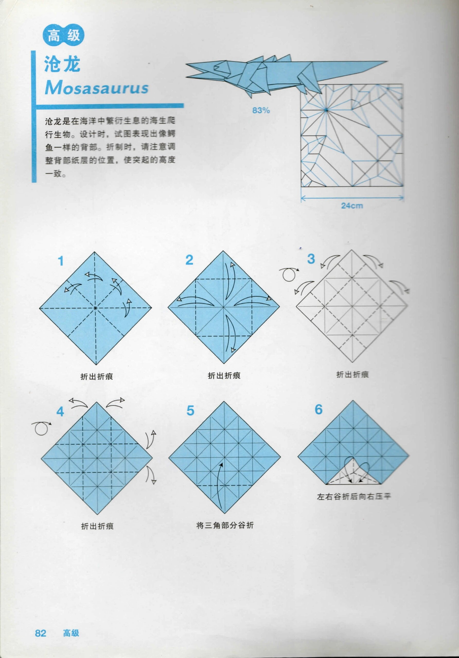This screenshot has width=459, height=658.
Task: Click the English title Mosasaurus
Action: (x=97, y=88)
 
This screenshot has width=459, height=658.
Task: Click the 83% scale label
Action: (x=261, y=110)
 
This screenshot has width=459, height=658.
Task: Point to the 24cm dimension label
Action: (x=352, y=205)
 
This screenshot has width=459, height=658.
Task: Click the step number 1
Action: (x=60, y=261)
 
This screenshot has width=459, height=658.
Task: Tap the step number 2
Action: (x=189, y=260)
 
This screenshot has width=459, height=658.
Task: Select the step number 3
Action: (x=311, y=259)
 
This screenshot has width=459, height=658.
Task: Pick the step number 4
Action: (x=60, y=412)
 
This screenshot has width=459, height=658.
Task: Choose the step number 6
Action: (x=319, y=409)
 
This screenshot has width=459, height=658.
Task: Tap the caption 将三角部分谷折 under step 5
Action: (x=225, y=525)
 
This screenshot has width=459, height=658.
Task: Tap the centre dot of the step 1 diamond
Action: (x=95, y=308)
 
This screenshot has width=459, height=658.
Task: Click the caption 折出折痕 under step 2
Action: (x=224, y=376)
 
